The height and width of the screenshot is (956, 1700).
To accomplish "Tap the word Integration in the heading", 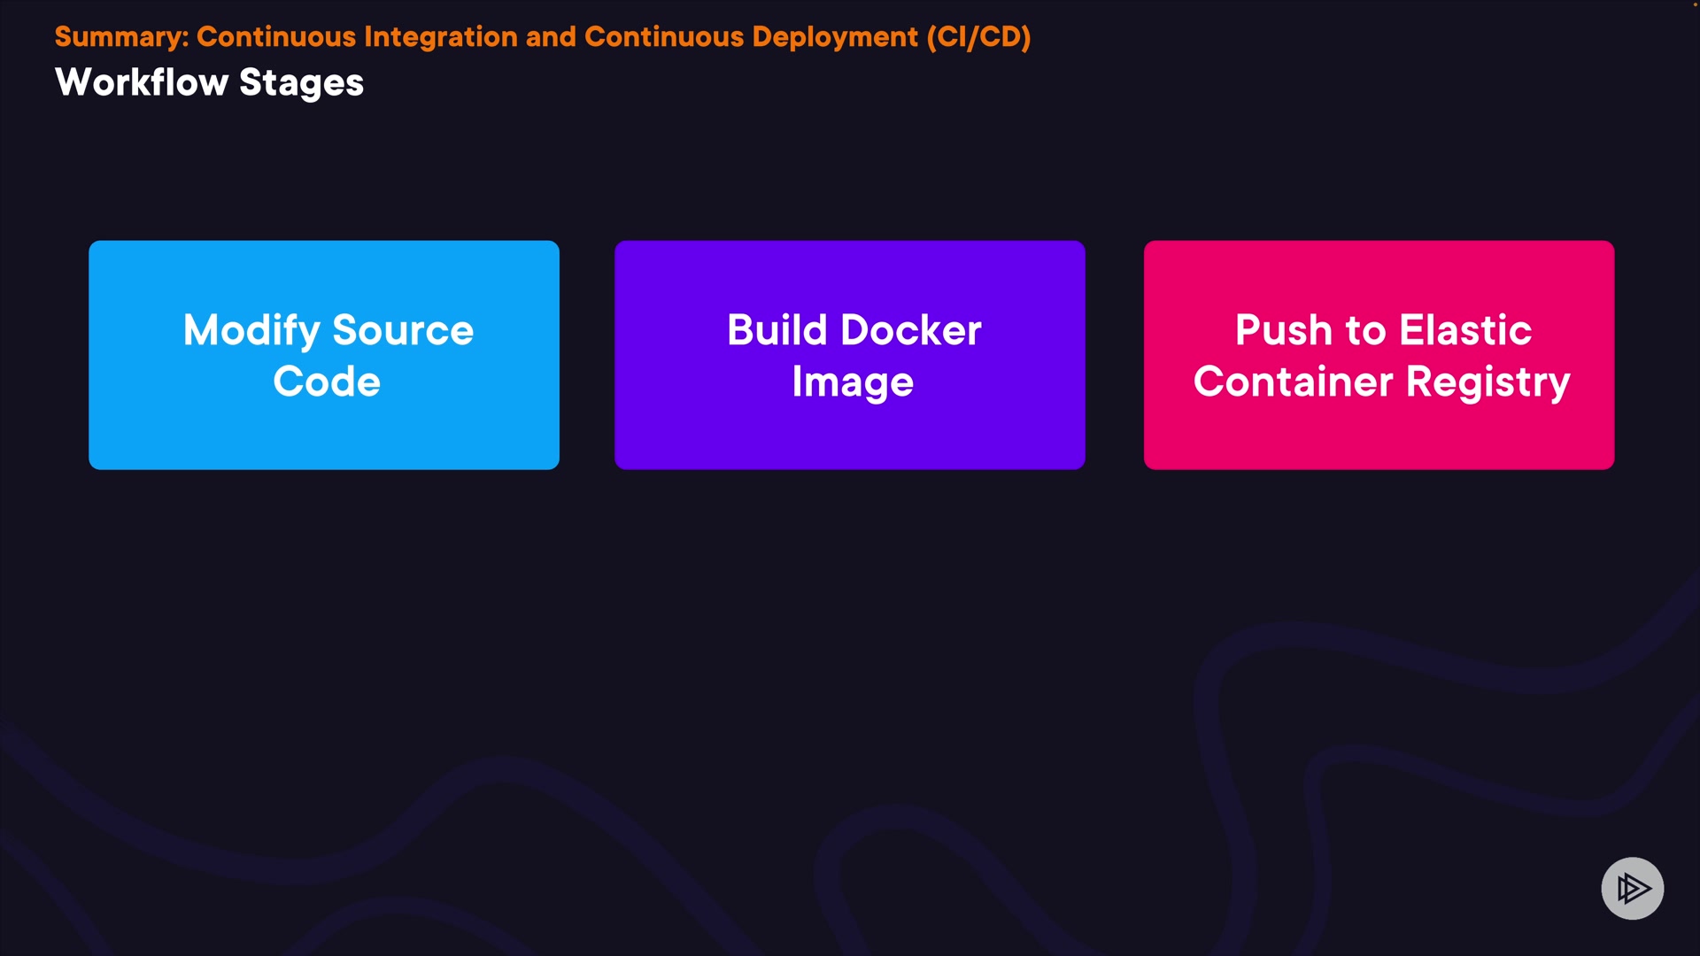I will [440, 37].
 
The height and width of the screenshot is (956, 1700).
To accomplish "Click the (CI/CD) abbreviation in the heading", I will [978, 37].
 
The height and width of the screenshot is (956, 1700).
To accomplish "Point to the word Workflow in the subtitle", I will [142, 82].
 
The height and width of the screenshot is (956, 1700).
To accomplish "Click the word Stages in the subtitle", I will [301, 83].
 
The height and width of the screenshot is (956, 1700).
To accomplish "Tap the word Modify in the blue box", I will [251, 331].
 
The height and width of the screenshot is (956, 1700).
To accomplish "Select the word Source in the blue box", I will [403, 331].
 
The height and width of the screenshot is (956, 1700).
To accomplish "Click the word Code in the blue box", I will [327, 382].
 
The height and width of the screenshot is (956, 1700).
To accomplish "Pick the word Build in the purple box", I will [777, 330].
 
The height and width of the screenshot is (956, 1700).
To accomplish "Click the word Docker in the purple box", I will [911, 330].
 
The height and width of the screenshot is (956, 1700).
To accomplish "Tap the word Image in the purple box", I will [853, 382].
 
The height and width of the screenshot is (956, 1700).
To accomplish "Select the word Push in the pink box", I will [1283, 330].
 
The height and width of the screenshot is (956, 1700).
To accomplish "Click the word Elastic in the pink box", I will [1465, 330].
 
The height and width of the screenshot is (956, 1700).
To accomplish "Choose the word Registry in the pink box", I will [1487, 382].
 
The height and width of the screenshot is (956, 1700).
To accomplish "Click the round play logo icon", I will [1632, 888].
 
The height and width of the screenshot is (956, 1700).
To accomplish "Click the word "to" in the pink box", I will [1365, 331].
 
